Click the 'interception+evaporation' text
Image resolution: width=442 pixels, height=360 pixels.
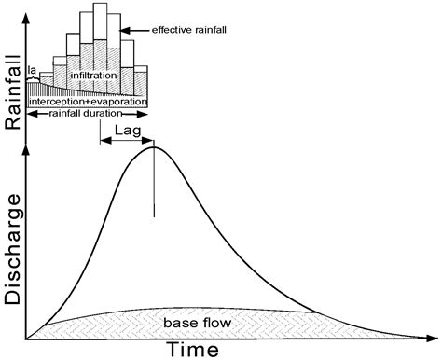coord(89,100)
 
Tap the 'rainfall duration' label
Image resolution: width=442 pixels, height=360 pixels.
coord(89,113)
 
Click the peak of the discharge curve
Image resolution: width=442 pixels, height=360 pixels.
coord(154,147)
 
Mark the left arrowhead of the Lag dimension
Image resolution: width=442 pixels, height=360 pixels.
coord(101,143)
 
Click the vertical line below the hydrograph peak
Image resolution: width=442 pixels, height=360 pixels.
coord(154,187)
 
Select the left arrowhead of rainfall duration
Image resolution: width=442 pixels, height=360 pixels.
coord(30,113)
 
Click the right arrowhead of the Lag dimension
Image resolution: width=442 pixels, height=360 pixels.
coord(151,143)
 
